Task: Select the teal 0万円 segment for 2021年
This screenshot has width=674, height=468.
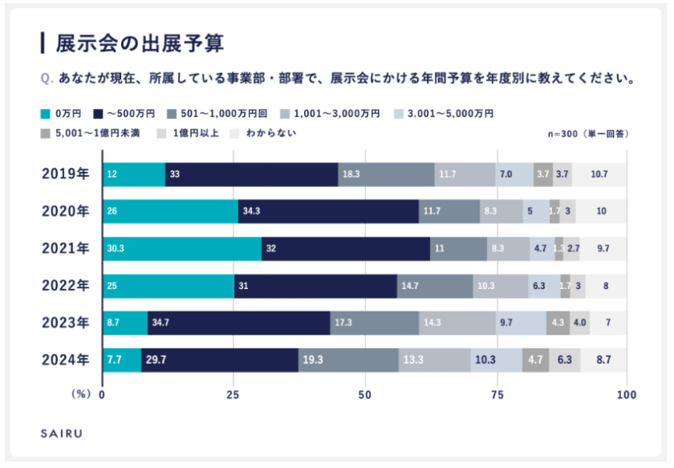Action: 183,249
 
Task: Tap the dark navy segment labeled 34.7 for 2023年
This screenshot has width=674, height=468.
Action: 239,323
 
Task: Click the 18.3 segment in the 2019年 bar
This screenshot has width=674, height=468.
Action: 386,174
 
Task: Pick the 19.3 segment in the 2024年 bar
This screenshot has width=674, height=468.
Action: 348,360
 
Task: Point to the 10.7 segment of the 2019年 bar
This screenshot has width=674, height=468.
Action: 599,174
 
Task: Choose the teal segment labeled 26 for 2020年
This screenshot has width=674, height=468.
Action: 171,212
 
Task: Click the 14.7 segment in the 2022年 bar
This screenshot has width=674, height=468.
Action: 435,286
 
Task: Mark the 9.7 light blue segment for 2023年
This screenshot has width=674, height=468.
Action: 521,323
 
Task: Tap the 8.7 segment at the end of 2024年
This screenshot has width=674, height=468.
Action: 603,360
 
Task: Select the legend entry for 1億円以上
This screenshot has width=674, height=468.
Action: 193,132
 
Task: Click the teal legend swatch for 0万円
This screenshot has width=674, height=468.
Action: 45,113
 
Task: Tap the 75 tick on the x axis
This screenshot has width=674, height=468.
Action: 496,395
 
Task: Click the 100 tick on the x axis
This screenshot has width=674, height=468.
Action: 627,395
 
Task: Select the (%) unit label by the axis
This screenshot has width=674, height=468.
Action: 81,395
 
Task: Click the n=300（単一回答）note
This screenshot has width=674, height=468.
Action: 588,133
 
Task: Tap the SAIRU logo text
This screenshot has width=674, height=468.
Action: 61,434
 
